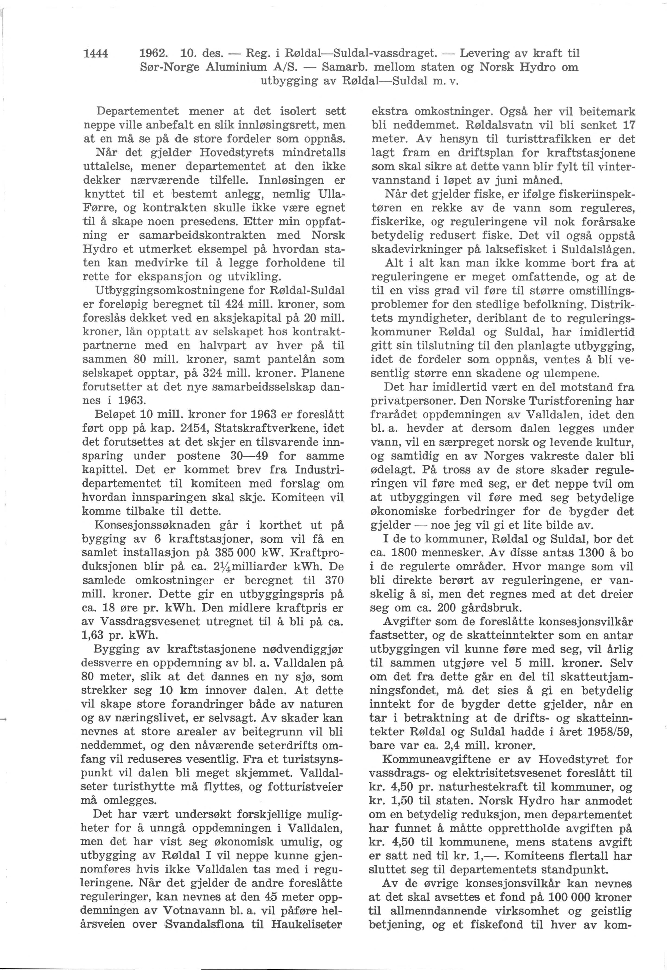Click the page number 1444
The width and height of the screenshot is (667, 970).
pos(96,54)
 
